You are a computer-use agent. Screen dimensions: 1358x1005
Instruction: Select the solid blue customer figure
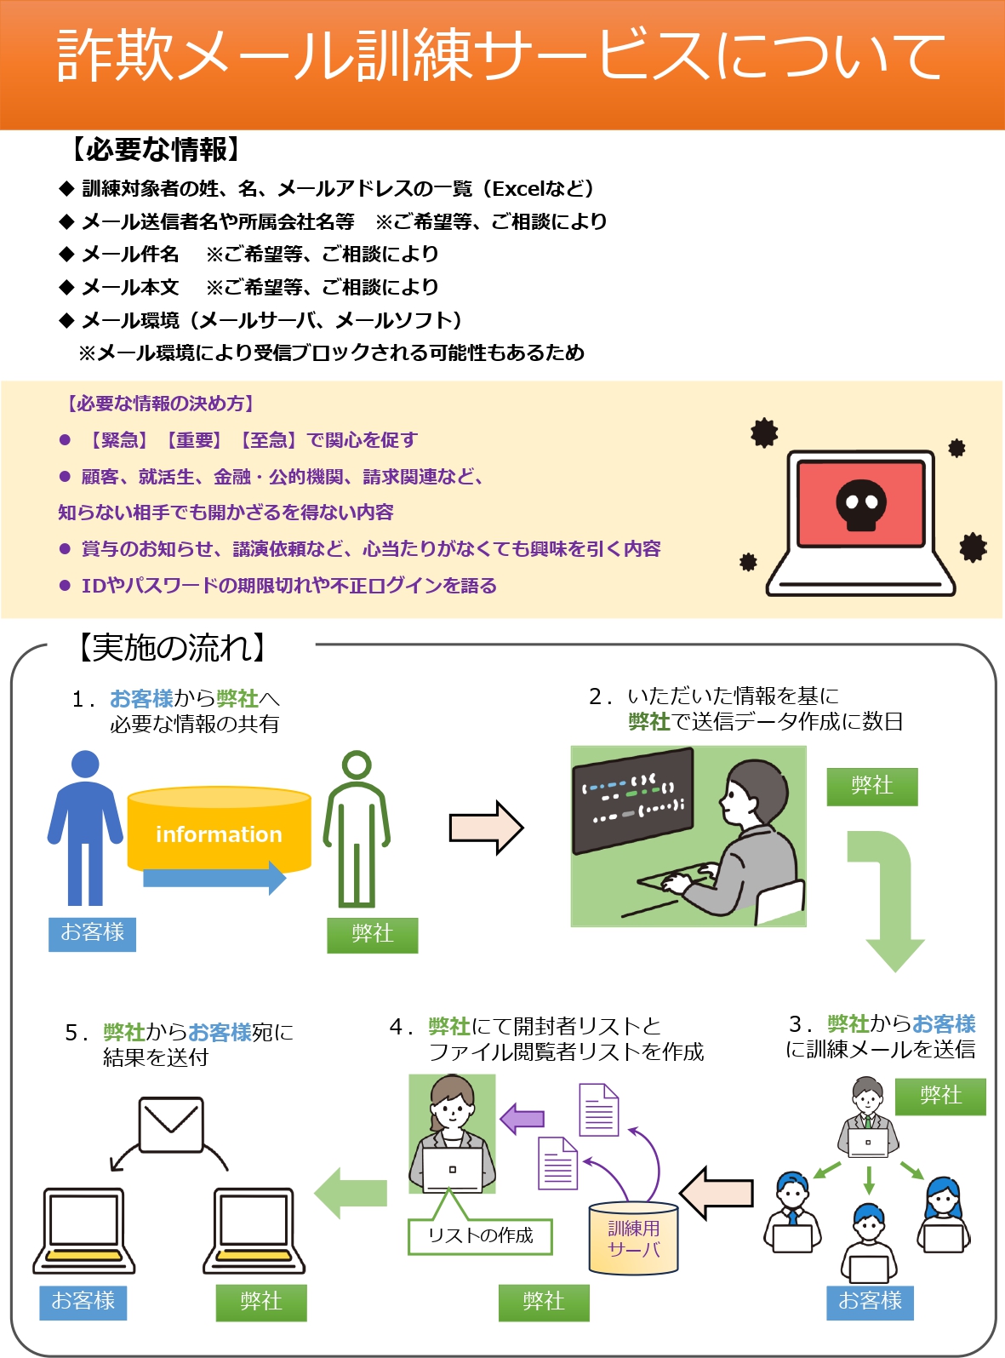coord(85,826)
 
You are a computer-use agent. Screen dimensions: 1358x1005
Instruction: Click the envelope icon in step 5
coord(171,1123)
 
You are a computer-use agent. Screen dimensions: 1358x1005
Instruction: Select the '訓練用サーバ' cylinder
coord(634,1239)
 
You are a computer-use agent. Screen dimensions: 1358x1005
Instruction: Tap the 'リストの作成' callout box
coord(480,1235)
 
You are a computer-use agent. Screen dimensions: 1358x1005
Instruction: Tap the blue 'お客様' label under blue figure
coord(92,933)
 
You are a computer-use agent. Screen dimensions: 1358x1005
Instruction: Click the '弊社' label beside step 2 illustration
coord(872,786)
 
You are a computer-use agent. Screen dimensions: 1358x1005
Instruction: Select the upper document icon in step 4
coord(598,1109)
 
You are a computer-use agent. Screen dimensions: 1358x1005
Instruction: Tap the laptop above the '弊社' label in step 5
coord(254,1230)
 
